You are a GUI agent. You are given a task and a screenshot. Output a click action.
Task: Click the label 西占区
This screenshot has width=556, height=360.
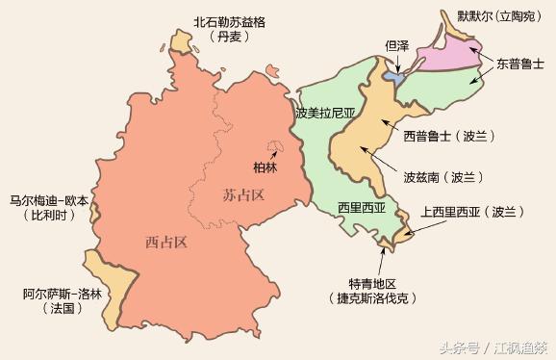(x=165, y=241)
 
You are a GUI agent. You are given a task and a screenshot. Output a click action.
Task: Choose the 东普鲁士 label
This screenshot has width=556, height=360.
(x=520, y=64)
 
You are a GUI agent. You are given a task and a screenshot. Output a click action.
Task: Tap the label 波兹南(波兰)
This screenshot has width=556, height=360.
(x=442, y=177)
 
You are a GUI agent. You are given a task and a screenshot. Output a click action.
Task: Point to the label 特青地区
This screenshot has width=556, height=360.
(x=371, y=283)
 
